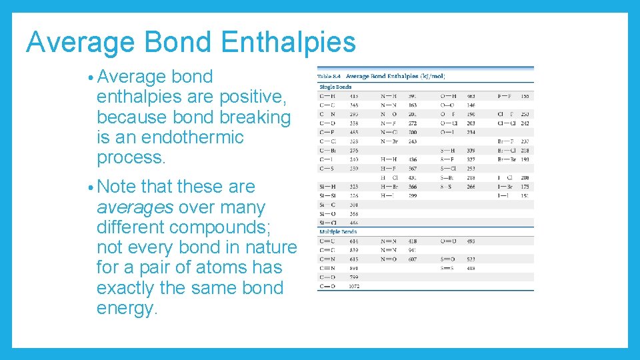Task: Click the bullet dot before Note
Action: pyautogui.click(x=89, y=187)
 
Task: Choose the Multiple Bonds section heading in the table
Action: pyautogui.click(x=339, y=232)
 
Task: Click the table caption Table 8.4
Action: pyautogui.click(x=330, y=77)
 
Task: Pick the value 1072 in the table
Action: pyautogui.click(x=355, y=286)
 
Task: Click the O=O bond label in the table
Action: pyautogui.click(x=448, y=241)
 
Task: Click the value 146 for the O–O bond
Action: pyautogui.click(x=471, y=105)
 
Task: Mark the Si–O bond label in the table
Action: pyautogui.click(x=328, y=214)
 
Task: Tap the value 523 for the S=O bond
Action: pyautogui.click(x=471, y=259)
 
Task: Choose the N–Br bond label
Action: pyautogui.click(x=389, y=141)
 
